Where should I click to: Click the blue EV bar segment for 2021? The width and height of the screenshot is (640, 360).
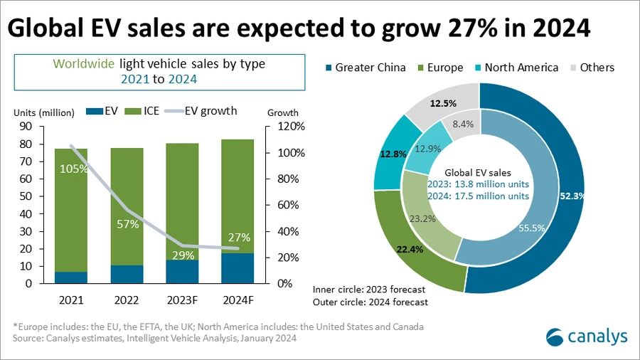pyautogui.click(x=70, y=277)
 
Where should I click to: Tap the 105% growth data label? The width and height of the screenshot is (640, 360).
pyautogui.click(x=74, y=169)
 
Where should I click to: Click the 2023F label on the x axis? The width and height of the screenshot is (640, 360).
pyautogui.click(x=182, y=299)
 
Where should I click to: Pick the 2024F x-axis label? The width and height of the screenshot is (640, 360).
pyautogui.click(x=238, y=299)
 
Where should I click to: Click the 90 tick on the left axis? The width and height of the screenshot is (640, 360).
pyautogui.click(x=26, y=127)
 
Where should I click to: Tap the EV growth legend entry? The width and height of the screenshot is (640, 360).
pyautogui.click(x=203, y=111)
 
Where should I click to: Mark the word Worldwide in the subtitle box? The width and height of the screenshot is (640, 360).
pyautogui.click(x=82, y=64)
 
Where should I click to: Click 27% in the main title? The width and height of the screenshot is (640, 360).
pyautogui.click(x=474, y=28)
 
